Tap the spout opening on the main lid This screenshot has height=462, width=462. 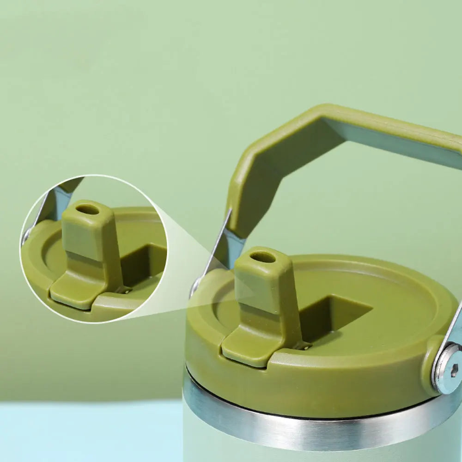point(262,257)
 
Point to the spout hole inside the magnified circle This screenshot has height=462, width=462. point(87,209)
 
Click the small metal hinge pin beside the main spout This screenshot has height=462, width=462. point(304,345)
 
